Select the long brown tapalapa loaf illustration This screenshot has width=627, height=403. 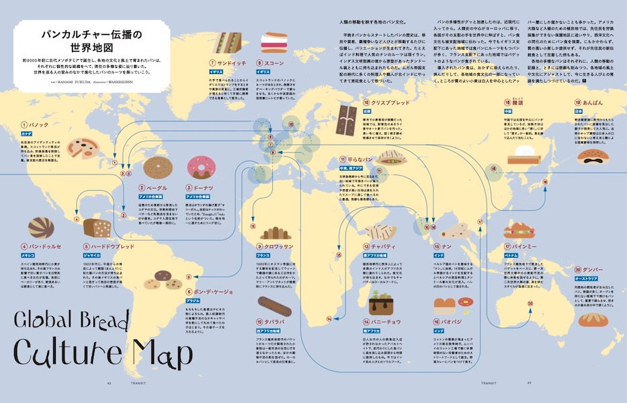[274, 306]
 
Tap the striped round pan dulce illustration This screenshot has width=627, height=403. [42, 228]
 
